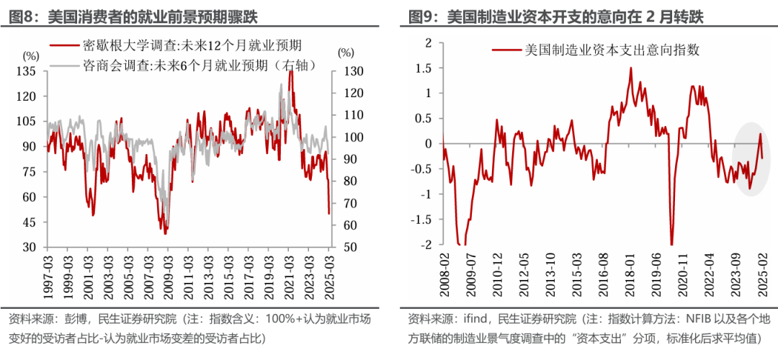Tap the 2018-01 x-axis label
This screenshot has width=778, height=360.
click(631, 277)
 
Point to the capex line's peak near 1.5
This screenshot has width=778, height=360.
click(631, 68)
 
